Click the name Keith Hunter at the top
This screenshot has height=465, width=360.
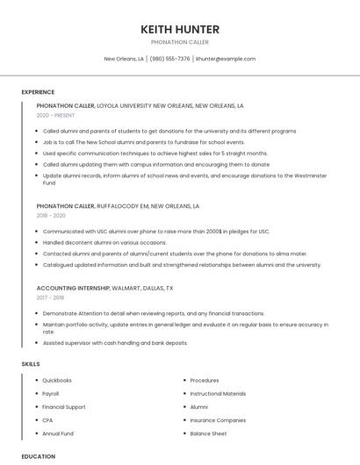coord(180,29)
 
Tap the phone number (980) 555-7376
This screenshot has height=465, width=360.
coord(170,59)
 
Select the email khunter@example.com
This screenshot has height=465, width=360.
coord(226,59)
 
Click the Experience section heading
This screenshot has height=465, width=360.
coord(38,92)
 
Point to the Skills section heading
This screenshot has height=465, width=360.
coord(31,363)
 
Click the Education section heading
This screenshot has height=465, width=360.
coord(39,456)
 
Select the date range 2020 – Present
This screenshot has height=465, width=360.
coord(56,115)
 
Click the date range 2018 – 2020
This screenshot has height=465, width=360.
coord(51,215)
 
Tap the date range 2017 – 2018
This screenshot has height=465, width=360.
coord(50,297)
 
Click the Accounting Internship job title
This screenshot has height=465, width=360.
coord(73,288)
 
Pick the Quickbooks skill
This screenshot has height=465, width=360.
coord(57,381)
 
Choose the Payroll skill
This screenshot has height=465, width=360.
coord(51,394)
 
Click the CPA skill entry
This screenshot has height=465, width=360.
coord(47,420)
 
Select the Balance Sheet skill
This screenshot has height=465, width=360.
coord(208,433)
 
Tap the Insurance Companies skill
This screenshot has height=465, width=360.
coord(218,420)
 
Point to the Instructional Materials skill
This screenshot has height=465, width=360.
coord(218,394)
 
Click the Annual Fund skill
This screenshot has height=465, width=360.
coord(58,433)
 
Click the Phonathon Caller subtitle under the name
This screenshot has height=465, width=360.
coord(180,42)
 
